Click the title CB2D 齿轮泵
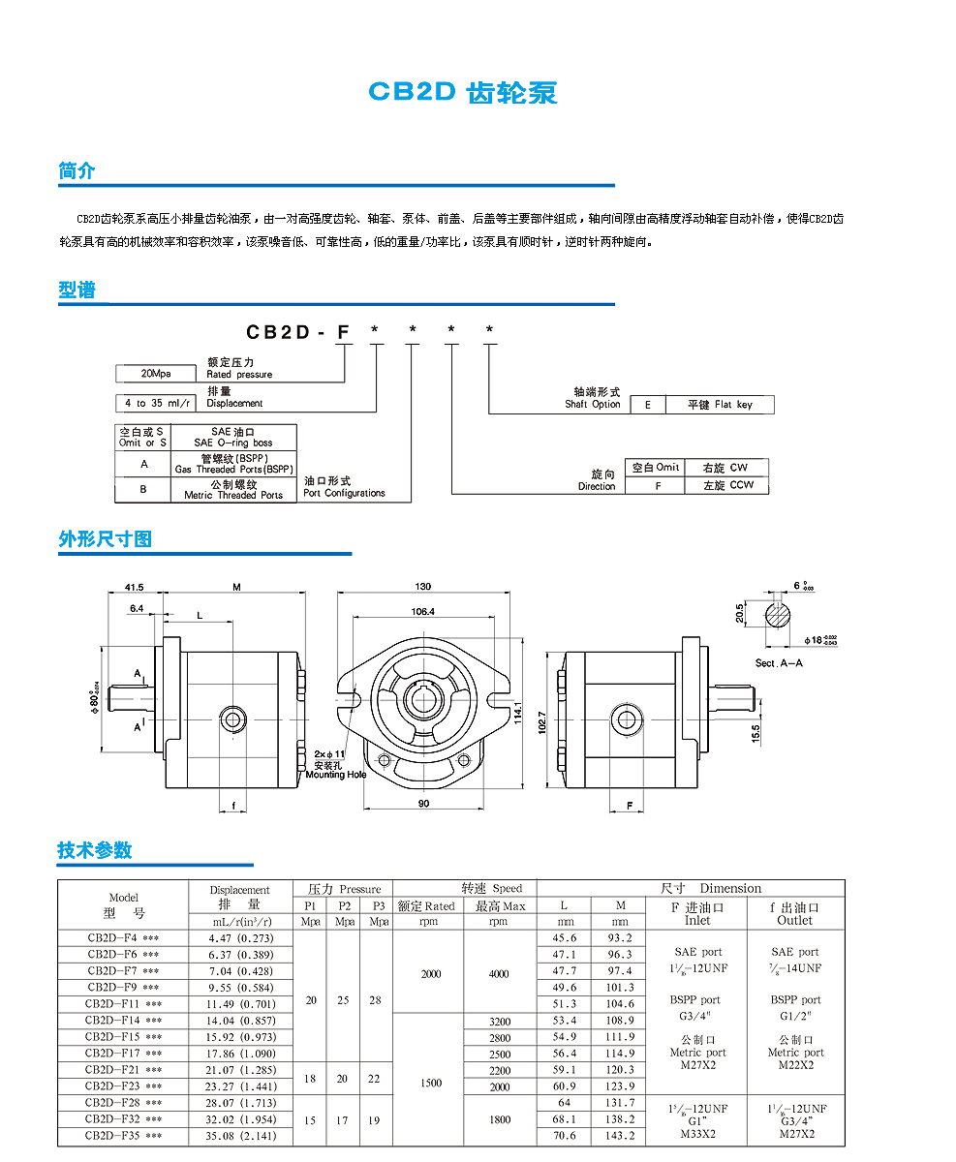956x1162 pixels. tap(463, 93)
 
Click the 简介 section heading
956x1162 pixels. tap(77, 171)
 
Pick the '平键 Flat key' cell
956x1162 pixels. tap(719, 405)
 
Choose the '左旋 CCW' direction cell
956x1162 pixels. tap(726, 486)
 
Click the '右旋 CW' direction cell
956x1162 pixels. tap(726, 468)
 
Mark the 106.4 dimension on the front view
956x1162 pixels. tap(423, 611)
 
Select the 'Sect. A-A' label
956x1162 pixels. tap(779, 663)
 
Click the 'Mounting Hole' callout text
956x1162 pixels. tap(336, 775)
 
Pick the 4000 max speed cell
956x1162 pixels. tap(498, 974)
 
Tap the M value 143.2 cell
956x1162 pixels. tap(620, 1135)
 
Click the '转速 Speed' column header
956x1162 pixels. tap(491, 888)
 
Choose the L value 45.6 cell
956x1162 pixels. tap(565, 937)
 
